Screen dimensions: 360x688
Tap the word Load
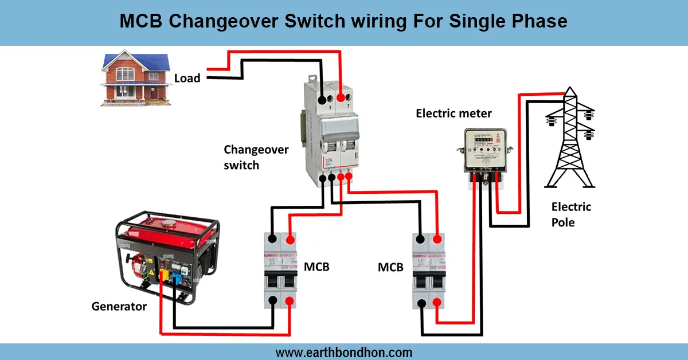[x=187, y=78]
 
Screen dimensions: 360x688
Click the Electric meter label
[x=454, y=114]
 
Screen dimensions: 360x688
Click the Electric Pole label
[x=571, y=214]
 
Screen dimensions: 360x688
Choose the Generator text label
[x=119, y=307]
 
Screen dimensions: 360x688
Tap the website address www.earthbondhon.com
[x=344, y=352]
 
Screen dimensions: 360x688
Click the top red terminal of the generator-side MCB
[x=291, y=239]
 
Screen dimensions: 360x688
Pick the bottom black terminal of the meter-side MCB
[x=423, y=302]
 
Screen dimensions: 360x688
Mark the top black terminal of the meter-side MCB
[x=423, y=239]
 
